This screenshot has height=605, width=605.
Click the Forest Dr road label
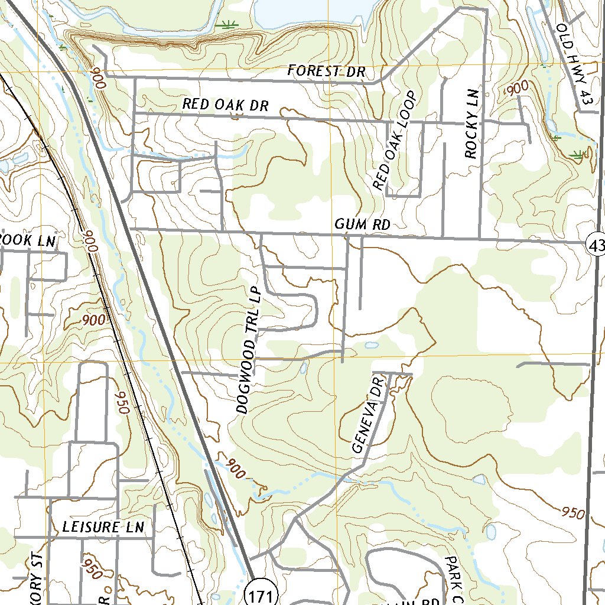click(x=327, y=71)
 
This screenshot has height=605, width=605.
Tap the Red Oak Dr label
click(x=225, y=105)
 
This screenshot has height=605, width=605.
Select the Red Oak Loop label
click(x=395, y=141)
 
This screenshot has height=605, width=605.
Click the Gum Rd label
click(x=362, y=224)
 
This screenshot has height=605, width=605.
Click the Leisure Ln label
click(x=103, y=527)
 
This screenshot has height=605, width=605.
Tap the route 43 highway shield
click(x=596, y=244)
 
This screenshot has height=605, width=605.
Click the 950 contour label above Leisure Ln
click(x=121, y=402)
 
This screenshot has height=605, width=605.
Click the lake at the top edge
click(x=313, y=12)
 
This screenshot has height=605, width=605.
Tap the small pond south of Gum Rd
click(x=370, y=345)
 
